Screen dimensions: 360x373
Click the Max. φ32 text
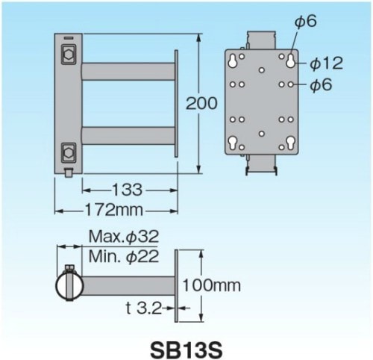coord(124,238)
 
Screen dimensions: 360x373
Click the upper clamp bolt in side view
coord(69,55)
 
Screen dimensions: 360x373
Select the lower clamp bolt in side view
coord(69,151)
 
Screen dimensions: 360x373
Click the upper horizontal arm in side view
coord(127,72)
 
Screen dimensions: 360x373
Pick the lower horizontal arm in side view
coord(127,137)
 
